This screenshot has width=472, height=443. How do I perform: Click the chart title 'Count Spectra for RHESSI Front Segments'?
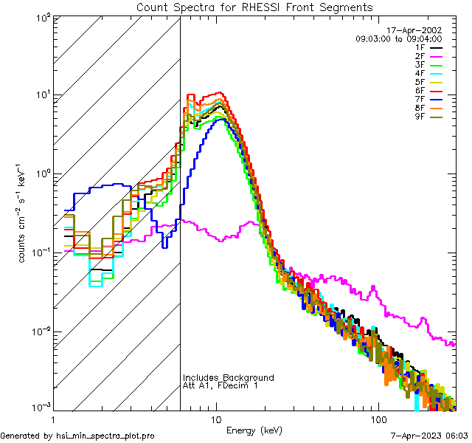254,7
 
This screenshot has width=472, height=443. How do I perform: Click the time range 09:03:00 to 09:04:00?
398,38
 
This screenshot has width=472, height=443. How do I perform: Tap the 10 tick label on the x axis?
215,419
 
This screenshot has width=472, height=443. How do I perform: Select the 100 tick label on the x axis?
378,419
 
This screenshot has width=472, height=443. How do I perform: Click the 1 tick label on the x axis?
53,419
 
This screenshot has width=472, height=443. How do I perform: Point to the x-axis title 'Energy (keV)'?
254,430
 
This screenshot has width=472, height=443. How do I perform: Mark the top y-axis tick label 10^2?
41,16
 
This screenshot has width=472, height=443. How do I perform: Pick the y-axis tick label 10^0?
41,174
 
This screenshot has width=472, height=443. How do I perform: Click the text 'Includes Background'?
228,377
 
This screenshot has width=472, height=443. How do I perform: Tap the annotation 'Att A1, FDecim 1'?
221,385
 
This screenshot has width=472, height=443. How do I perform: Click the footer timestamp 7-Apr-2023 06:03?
427,436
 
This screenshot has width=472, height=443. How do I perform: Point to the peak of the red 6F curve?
218,92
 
